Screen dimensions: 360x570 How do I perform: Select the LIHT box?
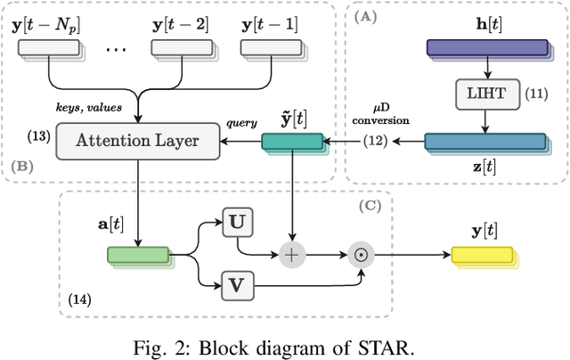[484, 92]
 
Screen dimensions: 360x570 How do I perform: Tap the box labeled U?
[239, 222]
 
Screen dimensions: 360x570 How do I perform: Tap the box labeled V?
[239, 286]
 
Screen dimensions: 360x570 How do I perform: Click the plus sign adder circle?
[291, 254]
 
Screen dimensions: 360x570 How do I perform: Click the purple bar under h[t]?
[484, 49]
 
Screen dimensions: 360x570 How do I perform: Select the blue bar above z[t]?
[484, 141]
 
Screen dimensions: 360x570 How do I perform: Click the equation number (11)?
[538, 92]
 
